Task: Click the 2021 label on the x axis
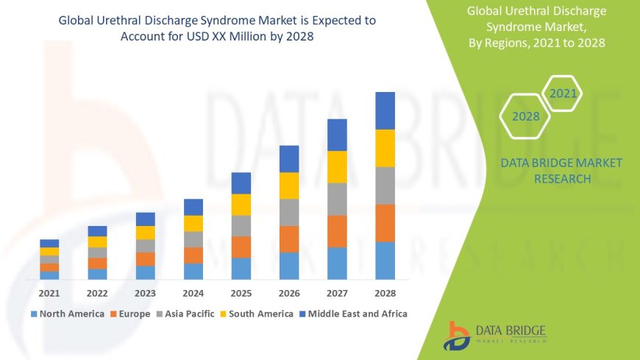coord(49,292)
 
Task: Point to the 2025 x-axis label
coord(241,292)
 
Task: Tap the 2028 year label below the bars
coord(385,292)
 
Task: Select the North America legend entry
coord(67,314)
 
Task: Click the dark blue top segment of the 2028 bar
coord(385,110)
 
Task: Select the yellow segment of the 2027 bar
coord(337,166)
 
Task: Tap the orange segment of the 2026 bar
coord(289,239)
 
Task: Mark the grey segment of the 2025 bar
coord(241,225)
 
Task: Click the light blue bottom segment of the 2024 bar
coord(193,271)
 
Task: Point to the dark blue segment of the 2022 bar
coord(97,230)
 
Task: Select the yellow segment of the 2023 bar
coord(146,232)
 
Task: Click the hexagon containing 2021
coord(563,93)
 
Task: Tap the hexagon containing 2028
coord(525,116)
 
